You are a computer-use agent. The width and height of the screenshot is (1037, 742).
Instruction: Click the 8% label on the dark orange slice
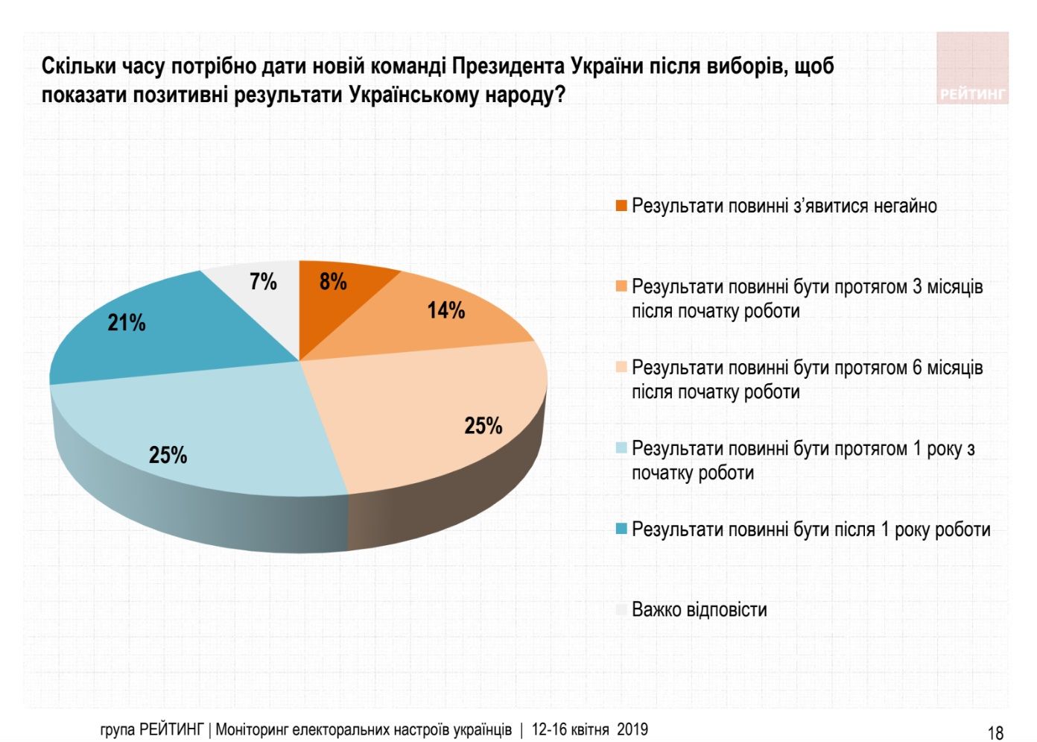[x=333, y=282]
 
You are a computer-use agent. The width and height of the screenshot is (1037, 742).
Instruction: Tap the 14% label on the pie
[x=445, y=310]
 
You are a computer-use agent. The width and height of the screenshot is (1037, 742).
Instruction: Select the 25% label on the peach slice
[x=483, y=426]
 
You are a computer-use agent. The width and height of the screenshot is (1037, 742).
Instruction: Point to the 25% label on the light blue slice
[x=168, y=455]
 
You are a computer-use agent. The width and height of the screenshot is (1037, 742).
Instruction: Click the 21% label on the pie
[x=127, y=323]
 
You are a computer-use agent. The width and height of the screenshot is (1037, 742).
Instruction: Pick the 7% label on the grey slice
[x=263, y=282]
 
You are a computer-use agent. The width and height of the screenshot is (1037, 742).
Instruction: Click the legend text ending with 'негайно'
[x=784, y=206]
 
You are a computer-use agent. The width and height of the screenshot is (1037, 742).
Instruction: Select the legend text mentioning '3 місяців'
[x=807, y=298]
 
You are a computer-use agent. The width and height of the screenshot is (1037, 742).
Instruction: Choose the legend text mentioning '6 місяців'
[x=807, y=379]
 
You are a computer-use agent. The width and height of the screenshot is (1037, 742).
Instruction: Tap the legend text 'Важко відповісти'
[x=699, y=609]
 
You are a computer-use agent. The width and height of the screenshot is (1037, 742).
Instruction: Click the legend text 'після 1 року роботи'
[x=811, y=529]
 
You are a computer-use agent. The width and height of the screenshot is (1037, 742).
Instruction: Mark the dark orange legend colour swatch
[x=621, y=206]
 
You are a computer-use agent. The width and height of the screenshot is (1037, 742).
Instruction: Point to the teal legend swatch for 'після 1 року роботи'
[x=621, y=529]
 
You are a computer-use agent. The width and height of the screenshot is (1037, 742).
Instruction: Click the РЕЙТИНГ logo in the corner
[x=971, y=69]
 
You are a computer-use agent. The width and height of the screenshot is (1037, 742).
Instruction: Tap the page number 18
[x=995, y=732]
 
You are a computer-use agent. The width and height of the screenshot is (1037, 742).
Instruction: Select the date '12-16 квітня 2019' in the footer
[x=589, y=729]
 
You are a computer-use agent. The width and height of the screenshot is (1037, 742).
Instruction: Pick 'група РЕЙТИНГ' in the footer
[x=151, y=729]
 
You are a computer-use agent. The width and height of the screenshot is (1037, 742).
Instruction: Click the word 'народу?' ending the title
[x=529, y=95]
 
